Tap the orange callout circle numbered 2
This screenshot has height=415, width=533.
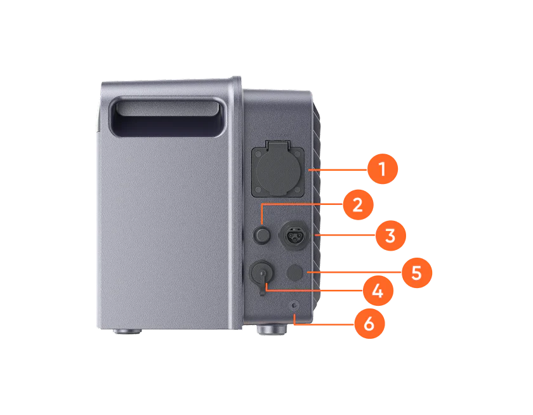coord(357,205)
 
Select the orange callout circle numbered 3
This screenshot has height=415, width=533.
coord(390,235)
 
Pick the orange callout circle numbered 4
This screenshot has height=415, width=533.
coord(378,291)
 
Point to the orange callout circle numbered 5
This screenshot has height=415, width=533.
coord(416,273)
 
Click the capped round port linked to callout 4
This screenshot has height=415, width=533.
coord(261,273)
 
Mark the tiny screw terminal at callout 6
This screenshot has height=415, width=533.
coord(294,306)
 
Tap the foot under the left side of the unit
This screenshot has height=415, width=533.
coord(128,331)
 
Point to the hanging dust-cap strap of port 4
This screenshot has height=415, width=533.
coord(261,291)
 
